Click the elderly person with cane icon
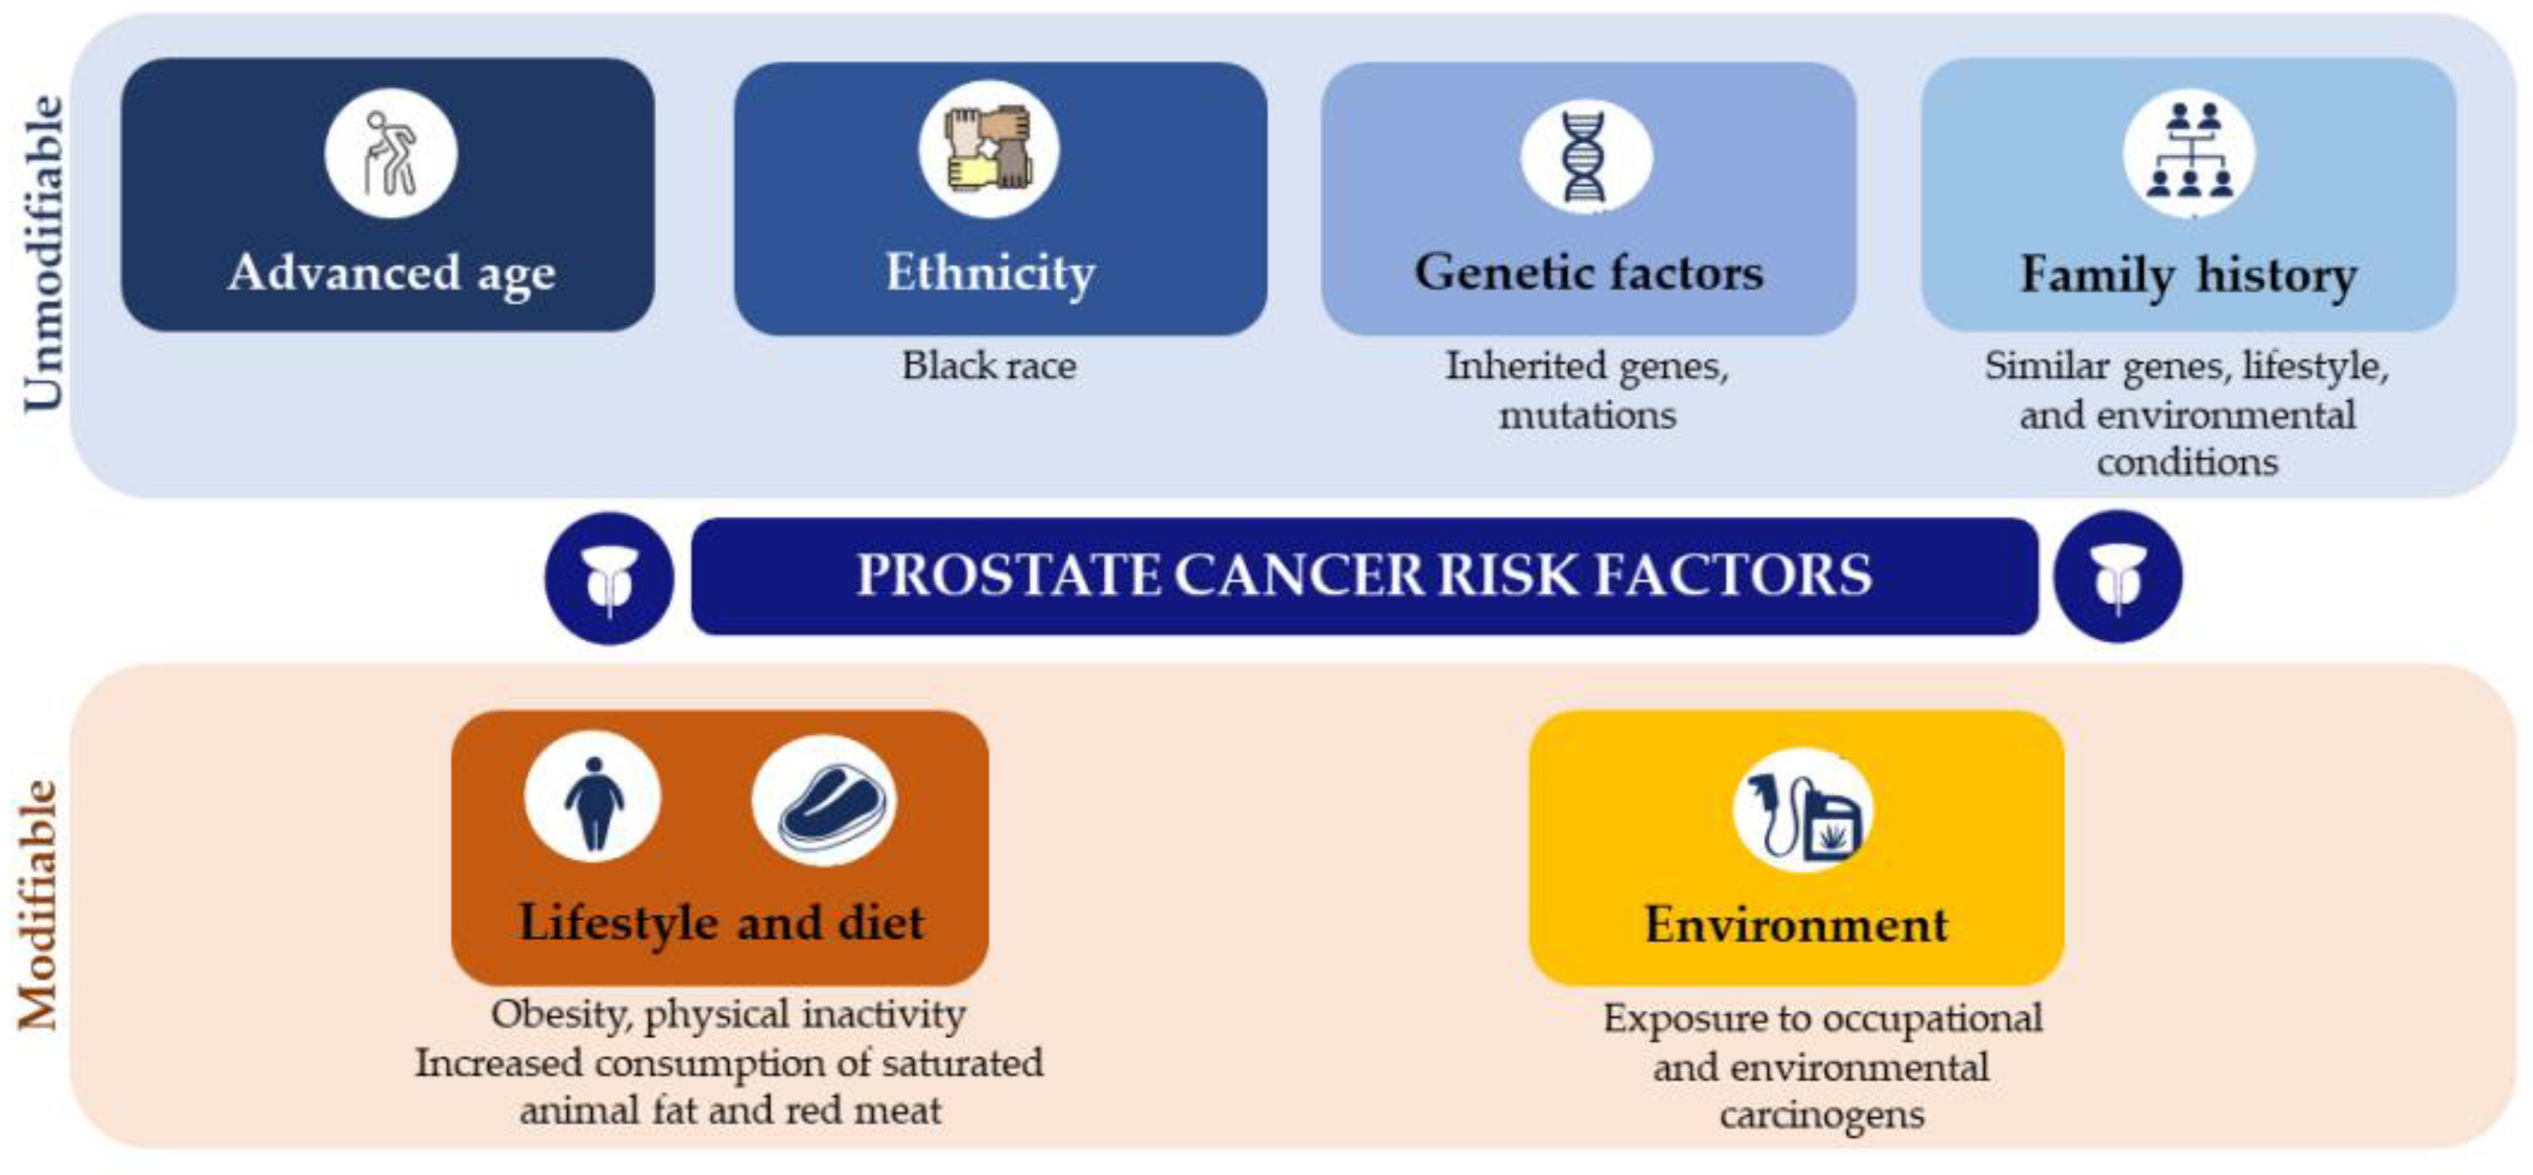pos(391,152)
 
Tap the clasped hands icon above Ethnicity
pos(988,149)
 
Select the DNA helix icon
pos(1585,156)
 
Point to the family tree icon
pos(2189,153)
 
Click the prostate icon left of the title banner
pos(610,578)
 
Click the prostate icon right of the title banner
pos(2118,577)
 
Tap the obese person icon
pos(593,797)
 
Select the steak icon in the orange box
pos(824,800)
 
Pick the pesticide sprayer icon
pos(1803,810)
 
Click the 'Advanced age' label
pos(391,273)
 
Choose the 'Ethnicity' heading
pos(990,272)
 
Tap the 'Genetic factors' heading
pos(1589,272)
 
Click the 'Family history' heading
pos(2189,275)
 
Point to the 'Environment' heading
pos(1797,924)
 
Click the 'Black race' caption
pos(989,366)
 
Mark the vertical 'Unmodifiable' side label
pos(43,253)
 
